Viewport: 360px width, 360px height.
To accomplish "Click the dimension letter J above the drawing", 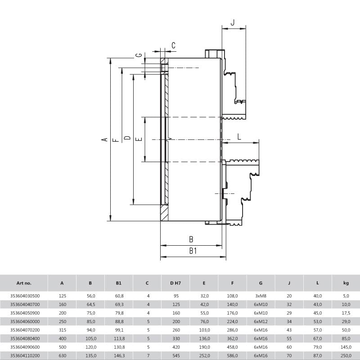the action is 233,22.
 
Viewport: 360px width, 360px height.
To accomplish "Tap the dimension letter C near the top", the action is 173,45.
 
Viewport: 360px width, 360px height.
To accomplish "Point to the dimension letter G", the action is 139,55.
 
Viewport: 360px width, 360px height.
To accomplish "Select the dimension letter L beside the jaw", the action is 239,137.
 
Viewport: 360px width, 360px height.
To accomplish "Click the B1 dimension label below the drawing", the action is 193,251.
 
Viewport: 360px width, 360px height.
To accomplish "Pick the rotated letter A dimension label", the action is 104,139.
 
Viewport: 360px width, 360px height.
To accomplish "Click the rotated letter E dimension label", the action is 139,139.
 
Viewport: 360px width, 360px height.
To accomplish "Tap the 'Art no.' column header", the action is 24,283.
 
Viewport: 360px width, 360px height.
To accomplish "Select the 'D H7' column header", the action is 175,283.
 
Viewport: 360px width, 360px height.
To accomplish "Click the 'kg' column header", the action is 346,283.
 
